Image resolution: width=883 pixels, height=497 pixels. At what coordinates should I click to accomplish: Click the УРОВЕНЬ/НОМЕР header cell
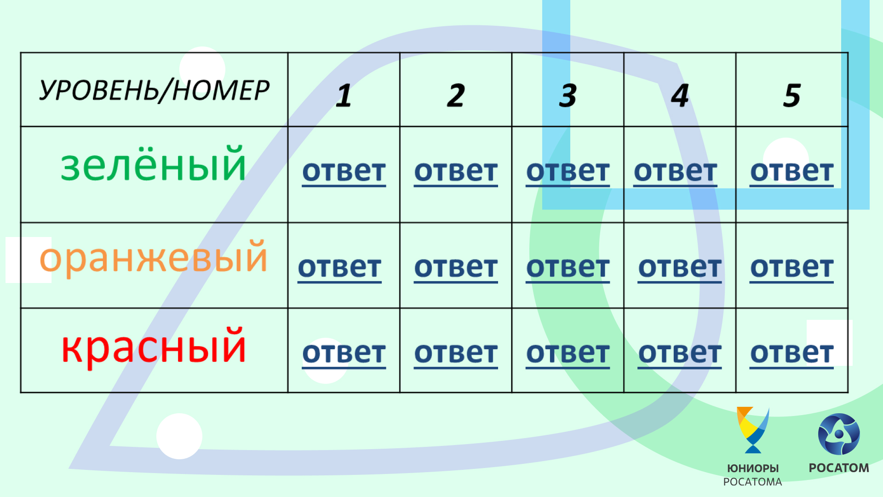(x=154, y=90)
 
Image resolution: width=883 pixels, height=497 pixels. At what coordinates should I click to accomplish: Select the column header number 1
(x=344, y=96)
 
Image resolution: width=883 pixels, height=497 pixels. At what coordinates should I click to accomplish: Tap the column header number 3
(x=568, y=96)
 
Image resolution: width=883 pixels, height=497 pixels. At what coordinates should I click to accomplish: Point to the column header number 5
(x=792, y=96)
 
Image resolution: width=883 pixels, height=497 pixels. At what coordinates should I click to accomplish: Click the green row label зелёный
(x=154, y=164)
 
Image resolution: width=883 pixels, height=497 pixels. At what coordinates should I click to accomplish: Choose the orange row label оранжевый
(x=154, y=258)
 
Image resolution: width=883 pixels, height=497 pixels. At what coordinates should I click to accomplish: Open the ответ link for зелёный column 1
(x=344, y=172)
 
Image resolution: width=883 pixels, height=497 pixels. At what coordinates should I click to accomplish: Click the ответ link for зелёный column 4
(x=676, y=172)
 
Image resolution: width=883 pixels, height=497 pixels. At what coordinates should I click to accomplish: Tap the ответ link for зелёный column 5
(x=792, y=172)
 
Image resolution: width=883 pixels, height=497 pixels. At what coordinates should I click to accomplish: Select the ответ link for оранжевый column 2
(x=456, y=268)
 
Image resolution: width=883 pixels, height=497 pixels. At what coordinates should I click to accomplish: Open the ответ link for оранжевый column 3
(x=568, y=268)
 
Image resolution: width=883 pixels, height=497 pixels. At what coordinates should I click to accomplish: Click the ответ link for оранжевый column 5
(x=792, y=268)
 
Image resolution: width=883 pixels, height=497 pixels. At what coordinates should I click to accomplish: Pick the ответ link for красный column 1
(x=344, y=354)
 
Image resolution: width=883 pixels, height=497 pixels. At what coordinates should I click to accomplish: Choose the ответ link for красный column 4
(x=680, y=354)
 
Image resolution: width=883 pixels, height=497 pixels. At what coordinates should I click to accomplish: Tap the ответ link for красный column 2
(x=456, y=354)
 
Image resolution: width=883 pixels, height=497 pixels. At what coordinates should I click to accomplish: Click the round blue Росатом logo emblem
(x=839, y=434)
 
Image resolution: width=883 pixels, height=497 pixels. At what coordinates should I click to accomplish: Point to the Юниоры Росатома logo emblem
(x=753, y=430)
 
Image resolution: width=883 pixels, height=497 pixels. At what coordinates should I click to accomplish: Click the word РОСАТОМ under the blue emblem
(x=839, y=468)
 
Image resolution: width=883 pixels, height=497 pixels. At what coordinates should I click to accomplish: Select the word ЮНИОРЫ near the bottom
(x=753, y=468)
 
